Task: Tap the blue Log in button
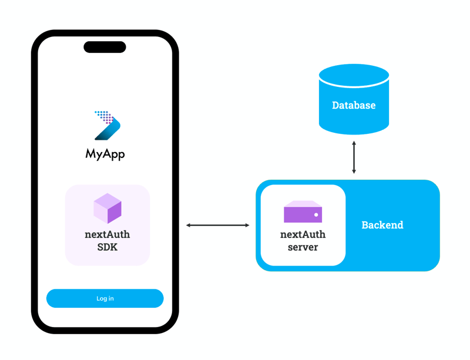tap(105, 298)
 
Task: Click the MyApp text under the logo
tap(105, 154)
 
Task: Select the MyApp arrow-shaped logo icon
tap(107, 125)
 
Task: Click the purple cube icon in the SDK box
tap(108, 208)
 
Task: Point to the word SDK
tap(108, 247)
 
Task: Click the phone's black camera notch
tap(105, 47)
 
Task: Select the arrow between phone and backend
tap(218, 225)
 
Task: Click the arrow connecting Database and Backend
tap(354, 157)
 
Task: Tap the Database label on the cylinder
tap(354, 106)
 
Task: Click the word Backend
tap(382, 225)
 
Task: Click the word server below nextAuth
tap(303, 247)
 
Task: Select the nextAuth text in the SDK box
tap(108, 234)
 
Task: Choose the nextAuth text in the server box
tap(303, 234)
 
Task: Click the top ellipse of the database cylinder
tap(354, 76)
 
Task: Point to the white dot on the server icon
tap(316, 215)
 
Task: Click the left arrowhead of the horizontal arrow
tap(189, 225)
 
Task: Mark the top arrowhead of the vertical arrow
tap(354, 143)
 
